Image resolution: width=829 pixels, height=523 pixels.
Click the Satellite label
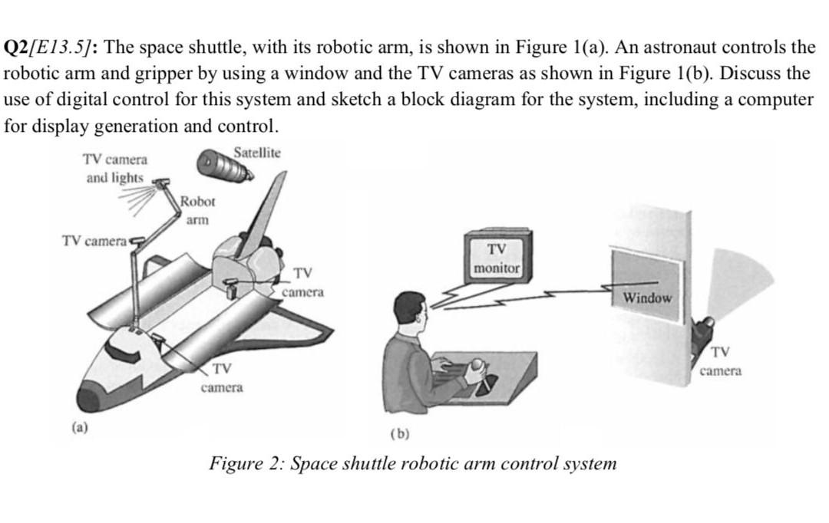click(257, 153)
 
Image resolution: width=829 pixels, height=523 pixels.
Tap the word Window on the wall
click(646, 297)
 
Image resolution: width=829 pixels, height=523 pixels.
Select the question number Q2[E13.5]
click(49, 48)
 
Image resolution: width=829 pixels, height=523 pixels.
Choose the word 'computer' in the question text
click(776, 100)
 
